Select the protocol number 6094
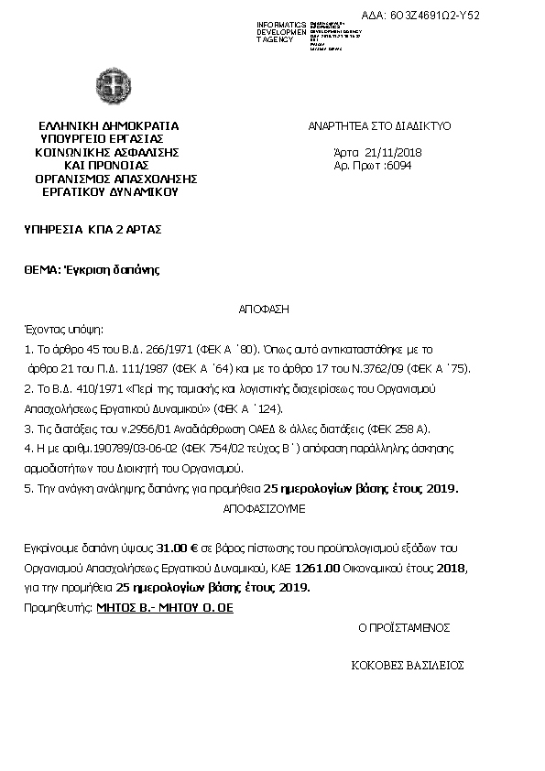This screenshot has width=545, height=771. [399, 166]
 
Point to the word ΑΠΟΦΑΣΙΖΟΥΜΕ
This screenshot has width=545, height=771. [265, 506]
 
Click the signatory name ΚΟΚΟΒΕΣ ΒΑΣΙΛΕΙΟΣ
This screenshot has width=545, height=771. [408, 665]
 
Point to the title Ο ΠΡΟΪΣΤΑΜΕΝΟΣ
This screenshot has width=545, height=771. [403, 628]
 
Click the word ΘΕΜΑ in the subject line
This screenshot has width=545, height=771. [40, 269]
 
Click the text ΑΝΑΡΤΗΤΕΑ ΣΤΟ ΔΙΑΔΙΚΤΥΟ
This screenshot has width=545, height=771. [378, 126]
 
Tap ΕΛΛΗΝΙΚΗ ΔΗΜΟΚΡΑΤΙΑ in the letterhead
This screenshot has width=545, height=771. [109, 126]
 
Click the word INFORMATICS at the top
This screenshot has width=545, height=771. [281, 22]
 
